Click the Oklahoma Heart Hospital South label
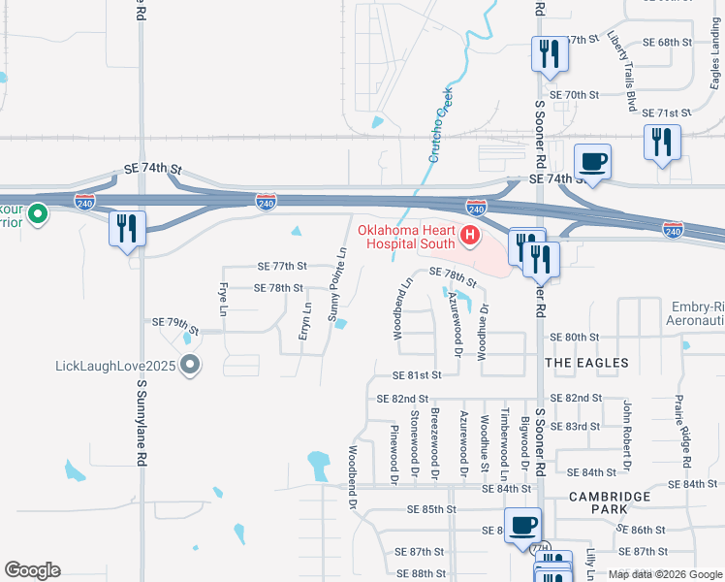407,238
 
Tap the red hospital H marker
469,235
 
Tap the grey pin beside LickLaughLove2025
190,367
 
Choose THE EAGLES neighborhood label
586,362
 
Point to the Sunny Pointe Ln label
336,284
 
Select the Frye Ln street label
222,299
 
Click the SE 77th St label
282,266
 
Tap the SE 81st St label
417,375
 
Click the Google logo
32,570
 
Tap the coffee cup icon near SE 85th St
523,525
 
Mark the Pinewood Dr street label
394,453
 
